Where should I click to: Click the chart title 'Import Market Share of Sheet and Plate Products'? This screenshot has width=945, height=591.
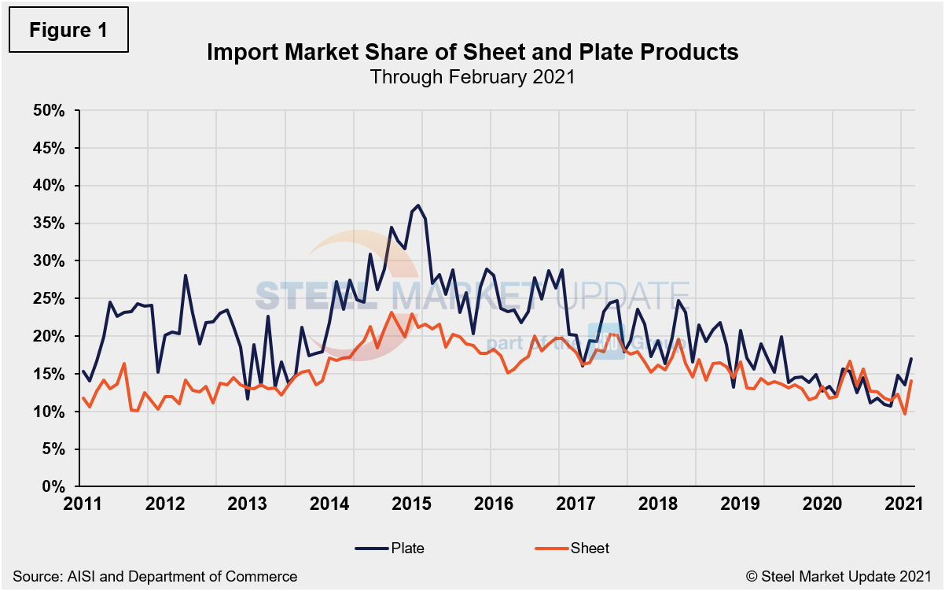click(472, 53)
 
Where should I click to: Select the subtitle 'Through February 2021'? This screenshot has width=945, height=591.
click(472, 77)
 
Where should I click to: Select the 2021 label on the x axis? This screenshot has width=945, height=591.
click(901, 504)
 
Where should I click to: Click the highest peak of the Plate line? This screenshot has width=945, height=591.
click(418, 205)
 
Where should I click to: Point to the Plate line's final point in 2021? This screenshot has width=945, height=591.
click(911, 359)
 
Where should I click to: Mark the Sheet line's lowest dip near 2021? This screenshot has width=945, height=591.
click(905, 414)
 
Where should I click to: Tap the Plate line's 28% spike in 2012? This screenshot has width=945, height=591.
click(186, 275)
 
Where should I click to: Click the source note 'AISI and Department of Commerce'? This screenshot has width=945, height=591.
click(154, 577)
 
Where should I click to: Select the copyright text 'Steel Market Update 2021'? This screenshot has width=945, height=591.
click(845, 577)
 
